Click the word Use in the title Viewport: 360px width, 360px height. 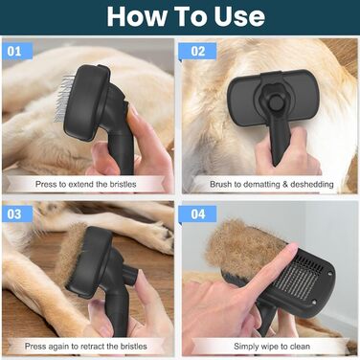pos(239,16)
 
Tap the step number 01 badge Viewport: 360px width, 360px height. pos(17,51)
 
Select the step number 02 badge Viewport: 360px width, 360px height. pos(198,51)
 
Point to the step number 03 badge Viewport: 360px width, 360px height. pos(17,214)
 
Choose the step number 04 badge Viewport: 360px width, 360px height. pos(198,214)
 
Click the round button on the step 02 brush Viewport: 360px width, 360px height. pos(275,102)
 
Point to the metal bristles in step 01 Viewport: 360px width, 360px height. pos(63,99)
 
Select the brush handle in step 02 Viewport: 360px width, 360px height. pos(280,141)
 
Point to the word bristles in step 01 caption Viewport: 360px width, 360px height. pos(123,184)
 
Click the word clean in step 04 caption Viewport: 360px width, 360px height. pos(300,347)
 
